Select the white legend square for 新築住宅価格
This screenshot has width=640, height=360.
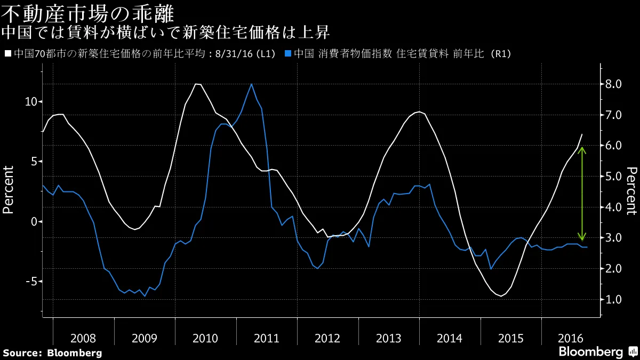7,53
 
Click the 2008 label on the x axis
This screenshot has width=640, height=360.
83,338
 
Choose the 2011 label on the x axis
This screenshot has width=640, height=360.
266,338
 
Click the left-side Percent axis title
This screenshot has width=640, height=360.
8,189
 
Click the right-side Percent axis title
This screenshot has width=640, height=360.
631,189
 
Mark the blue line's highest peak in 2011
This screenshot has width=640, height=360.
251,84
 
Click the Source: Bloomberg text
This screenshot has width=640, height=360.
52,353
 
